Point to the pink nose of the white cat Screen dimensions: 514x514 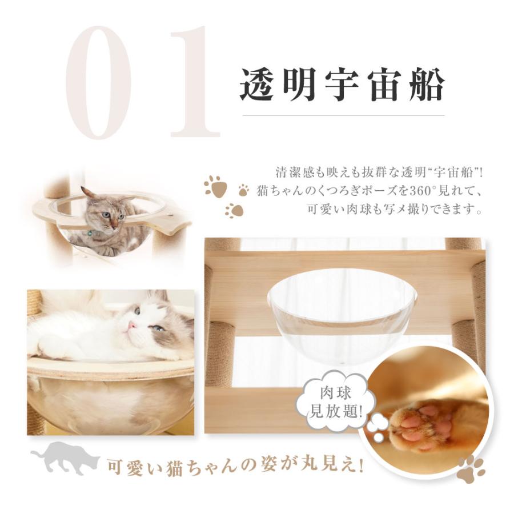pyautogui.click(x=132, y=326)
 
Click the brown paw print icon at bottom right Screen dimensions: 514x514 pyautogui.click(x=472, y=468)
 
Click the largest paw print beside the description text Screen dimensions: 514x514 pyautogui.click(x=215, y=185)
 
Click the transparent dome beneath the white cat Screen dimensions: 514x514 pyautogui.click(x=109, y=400)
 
